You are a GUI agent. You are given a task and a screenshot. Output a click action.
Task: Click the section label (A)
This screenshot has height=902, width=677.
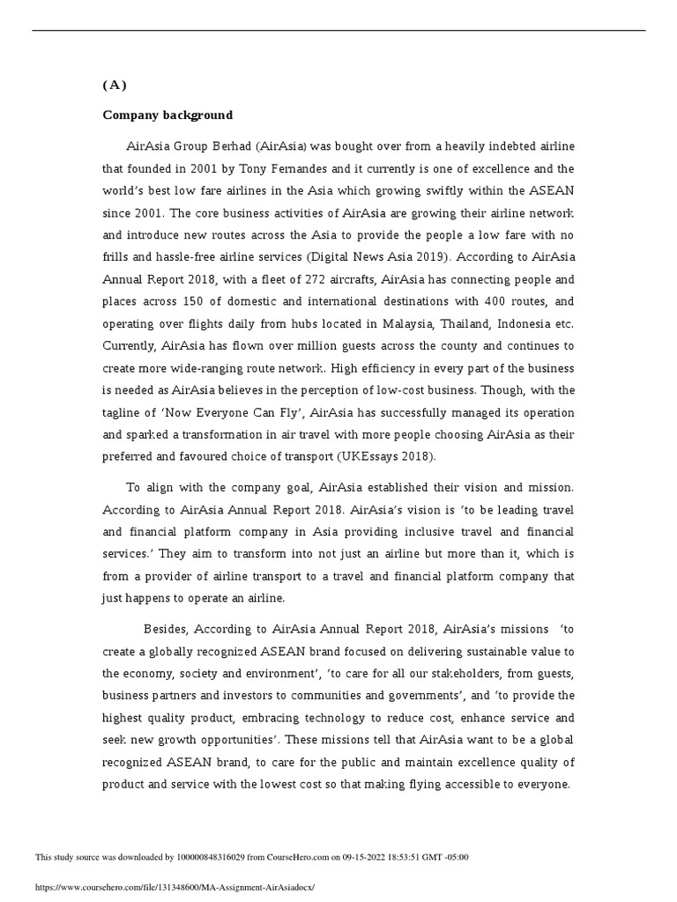tap(115, 85)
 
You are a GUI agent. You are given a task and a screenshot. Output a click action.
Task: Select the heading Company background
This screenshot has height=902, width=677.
tap(167, 115)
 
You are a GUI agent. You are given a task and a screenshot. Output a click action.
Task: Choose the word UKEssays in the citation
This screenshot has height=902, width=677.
tap(371, 456)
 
